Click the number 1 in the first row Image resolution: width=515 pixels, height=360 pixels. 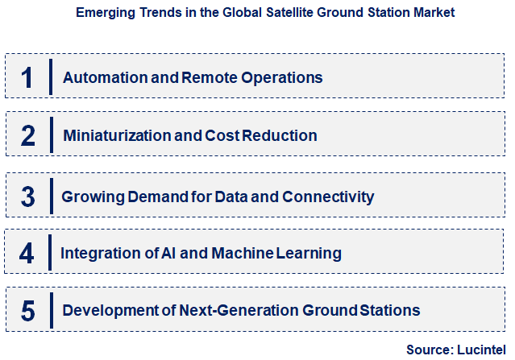coord(27,77)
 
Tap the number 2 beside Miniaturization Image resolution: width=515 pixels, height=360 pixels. coord(27,135)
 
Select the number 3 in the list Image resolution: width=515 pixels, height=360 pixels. coord(27,196)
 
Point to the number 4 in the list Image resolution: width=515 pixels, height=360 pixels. coord(27,253)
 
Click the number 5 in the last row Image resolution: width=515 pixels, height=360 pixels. coord(27,311)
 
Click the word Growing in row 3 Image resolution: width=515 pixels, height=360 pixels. coord(89,197)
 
